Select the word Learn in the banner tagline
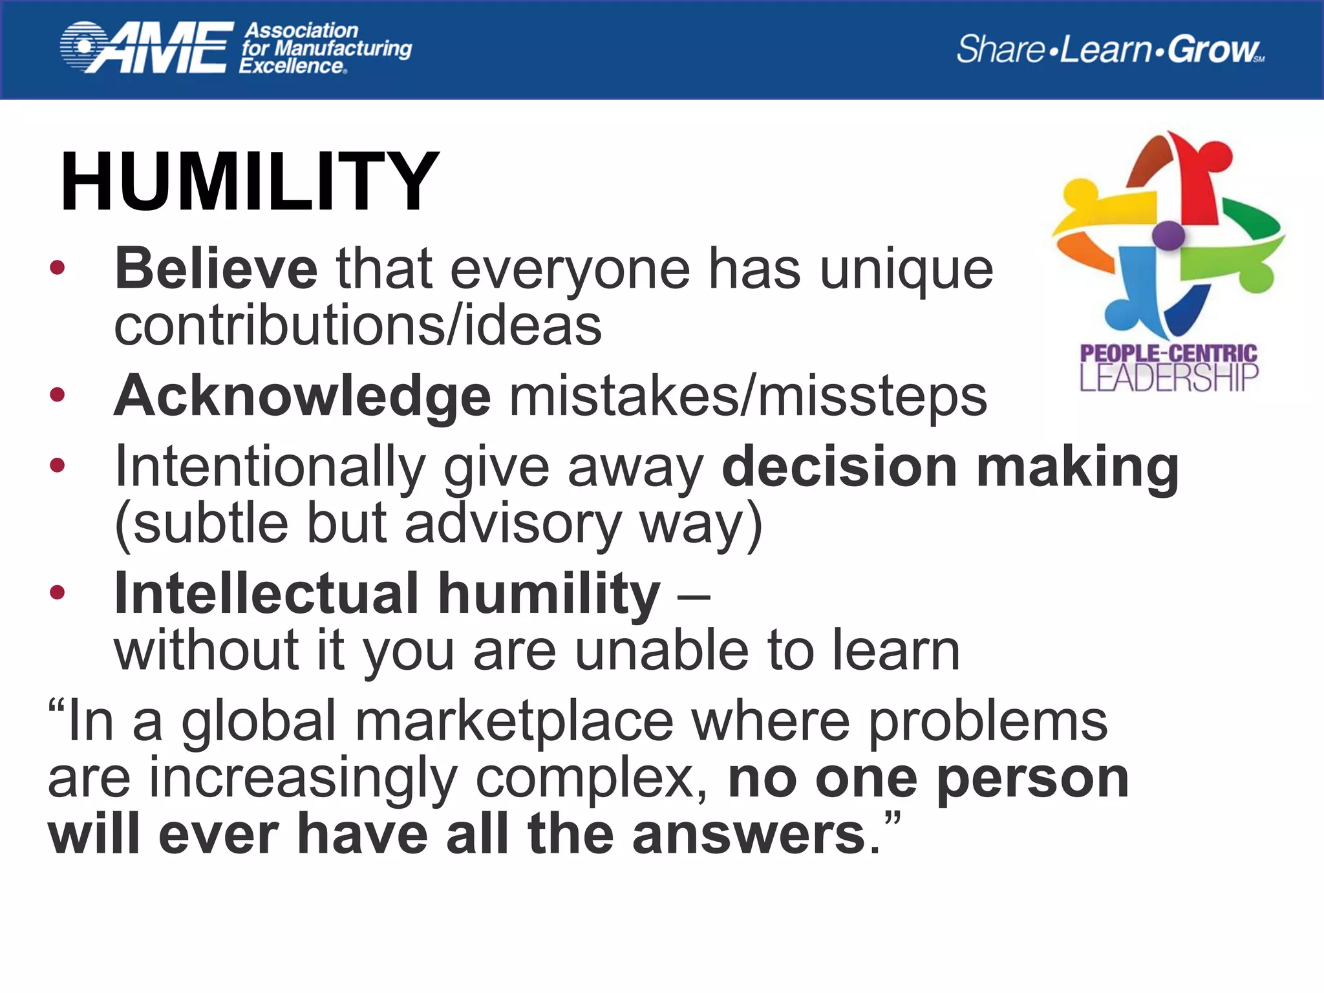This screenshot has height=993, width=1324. pos(1106,49)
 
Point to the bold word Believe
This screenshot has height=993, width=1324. pos(216,269)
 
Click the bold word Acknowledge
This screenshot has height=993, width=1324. pos(302,396)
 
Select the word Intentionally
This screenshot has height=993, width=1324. pos(270,467)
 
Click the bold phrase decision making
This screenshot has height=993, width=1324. pos(950,467)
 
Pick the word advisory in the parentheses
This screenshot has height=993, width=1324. pos(513,523)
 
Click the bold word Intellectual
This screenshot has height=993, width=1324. pos(266,593)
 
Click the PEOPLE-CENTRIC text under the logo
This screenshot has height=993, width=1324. pos(1168,353)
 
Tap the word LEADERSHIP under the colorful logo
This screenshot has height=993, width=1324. pos(1168,378)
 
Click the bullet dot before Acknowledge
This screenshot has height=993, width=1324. pos(58,394)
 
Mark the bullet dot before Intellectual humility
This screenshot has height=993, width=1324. pos(58,592)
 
